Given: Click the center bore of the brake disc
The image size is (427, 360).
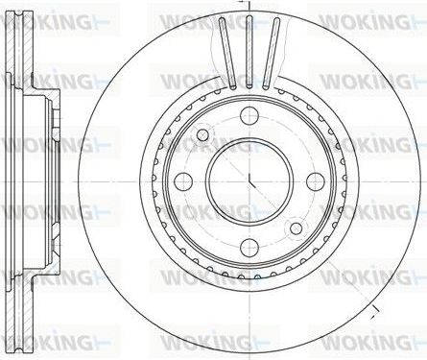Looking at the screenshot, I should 249,180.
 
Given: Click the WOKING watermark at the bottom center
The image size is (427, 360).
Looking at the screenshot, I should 206,340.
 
